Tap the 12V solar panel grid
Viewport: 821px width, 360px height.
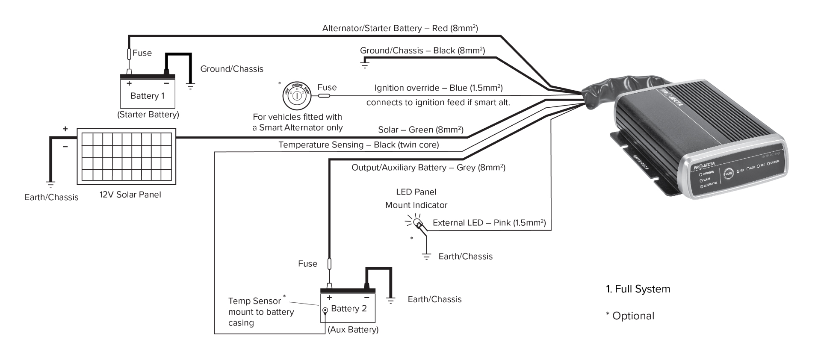[127, 156]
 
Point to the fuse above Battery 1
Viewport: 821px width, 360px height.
[129, 54]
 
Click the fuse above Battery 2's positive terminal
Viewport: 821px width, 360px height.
[329, 264]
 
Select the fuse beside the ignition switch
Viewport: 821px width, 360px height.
[324, 96]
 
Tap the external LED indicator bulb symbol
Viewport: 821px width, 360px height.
[417, 222]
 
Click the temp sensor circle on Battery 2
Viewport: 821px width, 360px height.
[325, 310]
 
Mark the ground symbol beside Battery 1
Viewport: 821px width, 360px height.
[191, 86]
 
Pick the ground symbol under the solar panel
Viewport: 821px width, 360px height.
[50, 185]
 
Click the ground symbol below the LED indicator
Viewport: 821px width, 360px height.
[426, 257]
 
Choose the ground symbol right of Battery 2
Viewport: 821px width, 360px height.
[390, 300]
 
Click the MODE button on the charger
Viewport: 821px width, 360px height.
[729, 173]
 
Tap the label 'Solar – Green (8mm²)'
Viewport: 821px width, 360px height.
[420, 130]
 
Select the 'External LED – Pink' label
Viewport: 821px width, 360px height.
[489, 223]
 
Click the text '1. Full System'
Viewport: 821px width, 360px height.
[638, 289]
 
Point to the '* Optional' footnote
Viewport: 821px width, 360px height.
[630, 316]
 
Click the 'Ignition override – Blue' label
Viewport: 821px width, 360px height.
[438, 88]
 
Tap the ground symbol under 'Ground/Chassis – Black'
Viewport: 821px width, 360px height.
[364, 65]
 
